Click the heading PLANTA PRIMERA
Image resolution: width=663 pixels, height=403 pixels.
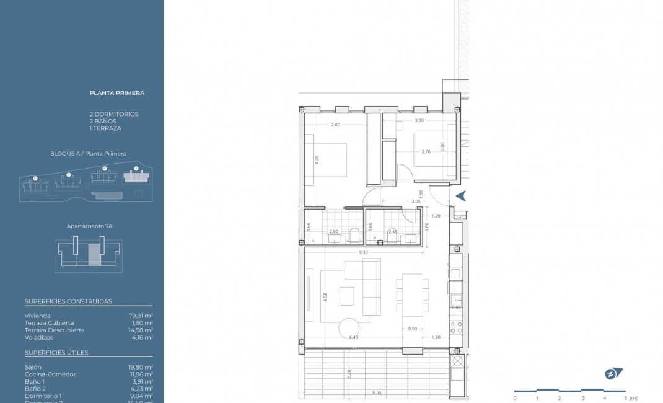[x=116, y=93]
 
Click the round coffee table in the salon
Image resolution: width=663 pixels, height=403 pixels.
[x=349, y=328]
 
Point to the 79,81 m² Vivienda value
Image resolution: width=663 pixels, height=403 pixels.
[x=141, y=315]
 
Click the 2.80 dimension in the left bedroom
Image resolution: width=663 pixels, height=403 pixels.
[x=335, y=125]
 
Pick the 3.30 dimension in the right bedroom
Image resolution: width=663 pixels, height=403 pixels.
[x=419, y=120]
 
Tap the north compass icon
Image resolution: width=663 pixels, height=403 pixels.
[x=613, y=373]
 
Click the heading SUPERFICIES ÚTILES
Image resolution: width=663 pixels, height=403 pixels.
[x=56, y=353]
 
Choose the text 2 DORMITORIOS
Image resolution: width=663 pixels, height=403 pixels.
[x=114, y=114]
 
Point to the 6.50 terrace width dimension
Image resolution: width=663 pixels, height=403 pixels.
[x=377, y=392]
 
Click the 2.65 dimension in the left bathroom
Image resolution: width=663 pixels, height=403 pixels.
[x=334, y=232]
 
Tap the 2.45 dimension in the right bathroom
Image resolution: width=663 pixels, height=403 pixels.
[x=392, y=232]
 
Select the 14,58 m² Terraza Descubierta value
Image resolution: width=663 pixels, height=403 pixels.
[x=141, y=330]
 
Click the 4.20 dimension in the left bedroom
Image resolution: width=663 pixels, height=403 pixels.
[x=317, y=158]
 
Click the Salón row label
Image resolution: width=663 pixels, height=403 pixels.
[x=33, y=367]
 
